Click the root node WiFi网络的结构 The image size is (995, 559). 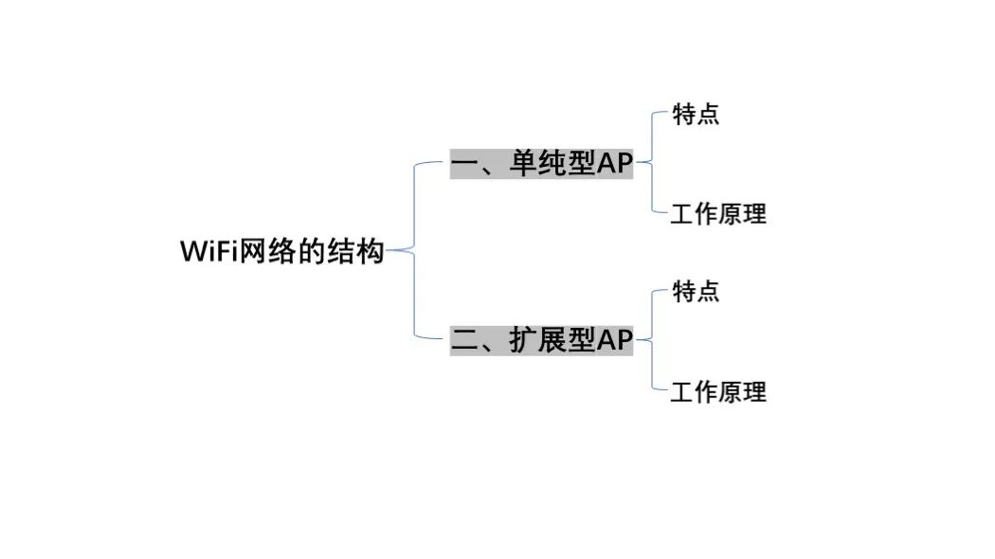[x=281, y=252]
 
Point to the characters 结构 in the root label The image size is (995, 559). [x=355, y=252]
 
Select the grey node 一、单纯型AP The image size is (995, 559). [x=541, y=164]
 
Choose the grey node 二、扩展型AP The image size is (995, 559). [x=541, y=339]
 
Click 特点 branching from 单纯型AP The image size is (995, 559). [x=696, y=115]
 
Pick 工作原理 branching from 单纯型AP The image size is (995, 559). [x=718, y=214]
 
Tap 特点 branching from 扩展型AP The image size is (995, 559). [x=696, y=291]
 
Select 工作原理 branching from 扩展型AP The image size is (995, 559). [x=718, y=391]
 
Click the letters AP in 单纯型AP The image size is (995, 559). [x=614, y=164]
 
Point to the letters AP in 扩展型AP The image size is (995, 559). [x=614, y=339]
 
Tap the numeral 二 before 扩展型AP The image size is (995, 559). [x=465, y=340]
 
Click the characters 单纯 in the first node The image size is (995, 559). [x=537, y=164]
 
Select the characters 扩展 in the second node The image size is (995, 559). [x=537, y=339]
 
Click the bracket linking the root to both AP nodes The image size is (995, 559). [x=416, y=250]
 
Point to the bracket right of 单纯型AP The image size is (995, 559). [x=653, y=163]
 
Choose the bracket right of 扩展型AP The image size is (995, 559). [x=653, y=339]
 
